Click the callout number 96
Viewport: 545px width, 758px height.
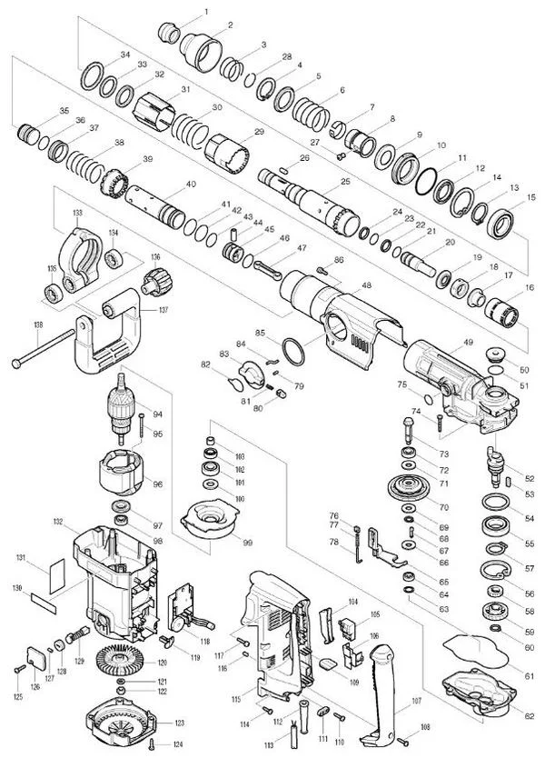[x=158, y=484]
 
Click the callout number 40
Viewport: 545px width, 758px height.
[x=190, y=184]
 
